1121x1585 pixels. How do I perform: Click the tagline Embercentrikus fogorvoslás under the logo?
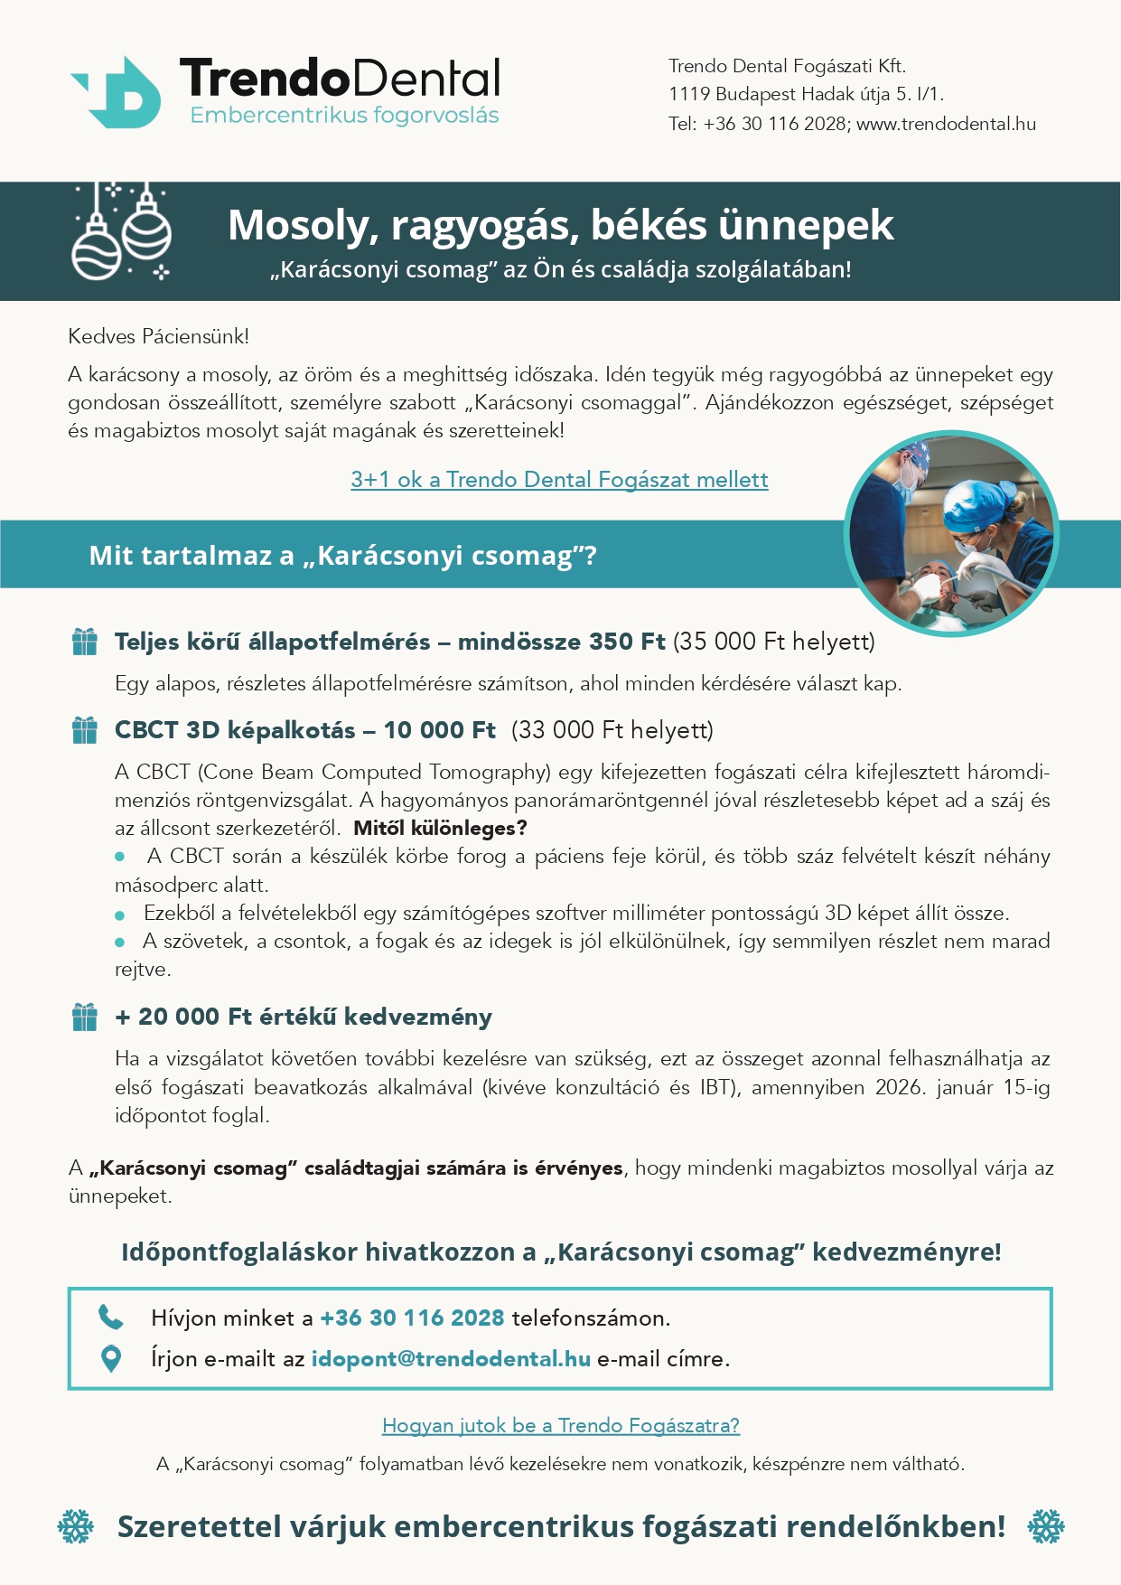click(344, 116)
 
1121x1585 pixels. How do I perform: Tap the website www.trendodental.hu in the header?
click(946, 124)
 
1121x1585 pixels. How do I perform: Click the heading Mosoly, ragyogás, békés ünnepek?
click(560, 225)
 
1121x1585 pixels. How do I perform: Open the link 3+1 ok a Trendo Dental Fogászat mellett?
click(559, 480)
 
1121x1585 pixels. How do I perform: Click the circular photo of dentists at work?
click(951, 533)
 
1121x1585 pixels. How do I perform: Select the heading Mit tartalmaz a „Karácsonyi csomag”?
click(343, 555)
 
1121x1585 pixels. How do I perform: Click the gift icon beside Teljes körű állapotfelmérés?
click(85, 642)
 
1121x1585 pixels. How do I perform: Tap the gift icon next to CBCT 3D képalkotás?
click(85, 730)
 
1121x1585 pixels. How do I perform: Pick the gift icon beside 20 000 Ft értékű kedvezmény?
click(85, 1018)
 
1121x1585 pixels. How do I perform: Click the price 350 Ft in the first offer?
click(627, 642)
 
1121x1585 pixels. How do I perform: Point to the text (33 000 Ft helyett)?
click(612, 730)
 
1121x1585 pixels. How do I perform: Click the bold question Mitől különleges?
click(440, 828)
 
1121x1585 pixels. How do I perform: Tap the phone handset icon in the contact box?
click(110, 1318)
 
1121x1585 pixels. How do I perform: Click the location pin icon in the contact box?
click(110, 1358)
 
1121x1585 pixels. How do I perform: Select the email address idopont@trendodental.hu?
click(451, 1358)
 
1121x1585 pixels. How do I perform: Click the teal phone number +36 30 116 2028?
click(412, 1318)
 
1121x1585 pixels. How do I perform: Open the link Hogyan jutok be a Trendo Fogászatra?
click(560, 1425)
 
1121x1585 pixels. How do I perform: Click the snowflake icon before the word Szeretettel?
click(76, 1526)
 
